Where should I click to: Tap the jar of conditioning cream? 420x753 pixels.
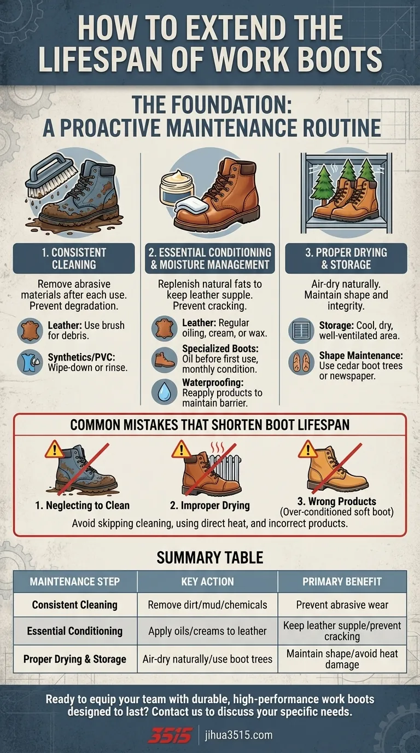point(177,188)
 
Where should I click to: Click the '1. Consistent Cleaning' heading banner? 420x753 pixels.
point(74,258)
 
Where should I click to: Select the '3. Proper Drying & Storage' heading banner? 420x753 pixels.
point(346,258)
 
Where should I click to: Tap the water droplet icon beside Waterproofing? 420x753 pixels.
point(164,392)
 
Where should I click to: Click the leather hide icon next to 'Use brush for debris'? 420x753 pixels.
point(30,331)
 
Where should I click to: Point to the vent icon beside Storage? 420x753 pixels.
point(301,331)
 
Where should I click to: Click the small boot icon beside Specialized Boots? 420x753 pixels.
point(164,360)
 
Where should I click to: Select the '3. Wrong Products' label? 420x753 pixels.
point(337,501)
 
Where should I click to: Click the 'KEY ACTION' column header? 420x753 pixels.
point(208,582)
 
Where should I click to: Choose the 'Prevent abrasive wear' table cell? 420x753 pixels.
point(342,605)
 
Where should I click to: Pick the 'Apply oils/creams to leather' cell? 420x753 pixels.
point(208,631)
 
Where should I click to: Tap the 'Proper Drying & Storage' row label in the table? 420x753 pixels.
point(74,659)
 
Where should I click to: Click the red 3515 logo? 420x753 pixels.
point(171,734)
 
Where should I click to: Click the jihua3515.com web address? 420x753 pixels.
point(239,735)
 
